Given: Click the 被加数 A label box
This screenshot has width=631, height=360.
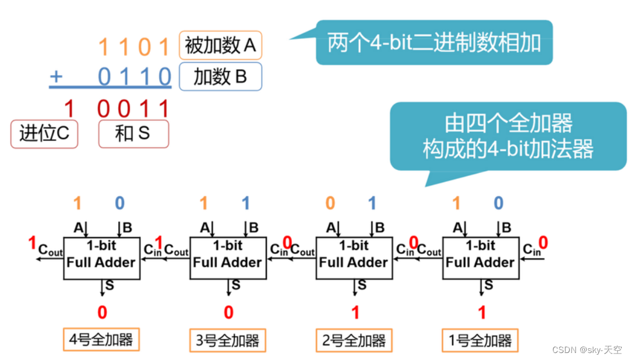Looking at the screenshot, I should point(220,45).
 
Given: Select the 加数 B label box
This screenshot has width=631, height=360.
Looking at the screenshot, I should point(220,76).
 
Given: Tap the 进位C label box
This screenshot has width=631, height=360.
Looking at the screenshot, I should point(44,134).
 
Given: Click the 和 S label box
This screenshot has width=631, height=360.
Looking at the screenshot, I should point(133,134).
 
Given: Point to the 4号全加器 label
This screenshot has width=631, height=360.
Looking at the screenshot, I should point(102,340).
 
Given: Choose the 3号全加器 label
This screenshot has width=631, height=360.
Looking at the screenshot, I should point(228,340).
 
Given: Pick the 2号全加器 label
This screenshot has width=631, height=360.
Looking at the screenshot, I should point(354,340).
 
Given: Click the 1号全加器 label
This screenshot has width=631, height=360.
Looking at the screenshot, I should point(481,340).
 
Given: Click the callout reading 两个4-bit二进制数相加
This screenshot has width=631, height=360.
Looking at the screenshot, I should point(433,43).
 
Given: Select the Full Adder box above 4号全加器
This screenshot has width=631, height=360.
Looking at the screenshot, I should point(101,257).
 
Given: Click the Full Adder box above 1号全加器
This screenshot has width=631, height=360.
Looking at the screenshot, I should point(480,257).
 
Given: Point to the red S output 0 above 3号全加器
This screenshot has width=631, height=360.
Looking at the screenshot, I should point(228,313).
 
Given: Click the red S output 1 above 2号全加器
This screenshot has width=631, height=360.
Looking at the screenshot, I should point(355,313).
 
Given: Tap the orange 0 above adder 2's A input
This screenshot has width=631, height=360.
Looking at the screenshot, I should point(330,203).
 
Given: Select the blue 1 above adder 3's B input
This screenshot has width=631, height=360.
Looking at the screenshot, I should point(246,203).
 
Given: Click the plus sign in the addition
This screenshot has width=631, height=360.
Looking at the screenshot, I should point(56,76).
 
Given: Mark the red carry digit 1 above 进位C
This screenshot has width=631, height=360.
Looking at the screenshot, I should point(69,109).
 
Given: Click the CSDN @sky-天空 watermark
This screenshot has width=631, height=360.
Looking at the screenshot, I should point(586,350).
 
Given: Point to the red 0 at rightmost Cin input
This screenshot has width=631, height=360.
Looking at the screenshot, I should point(542,242).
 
